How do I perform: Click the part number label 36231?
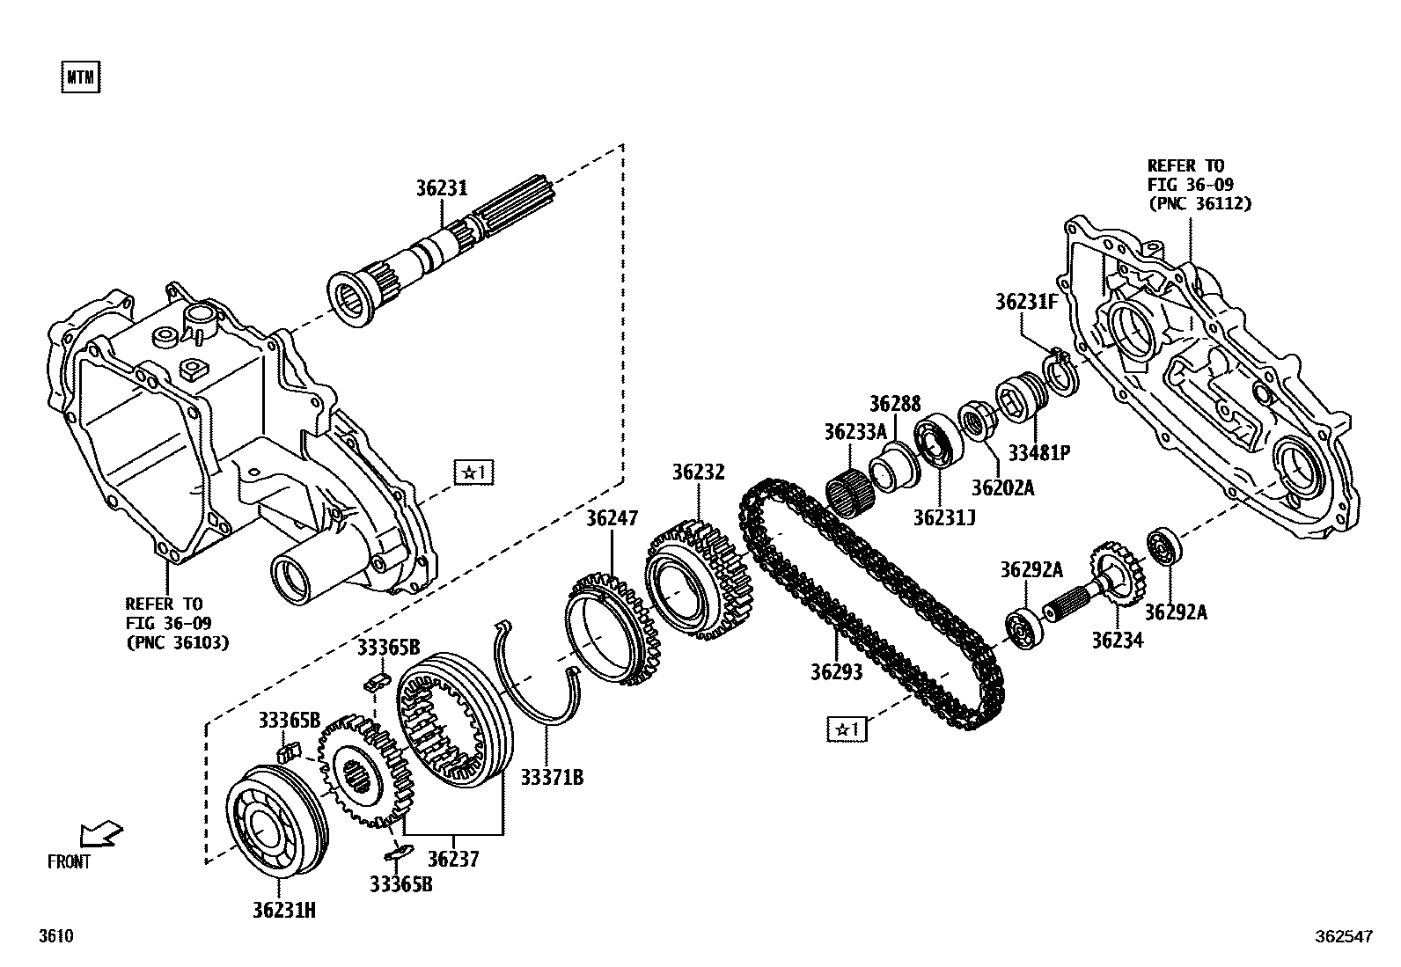tap(441, 188)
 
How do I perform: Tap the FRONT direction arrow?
tap(100, 834)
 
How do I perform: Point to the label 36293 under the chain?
tap(836, 671)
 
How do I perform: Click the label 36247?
tap(612, 518)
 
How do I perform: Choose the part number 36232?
tap(699, 473)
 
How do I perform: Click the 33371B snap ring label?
tap(551, 777)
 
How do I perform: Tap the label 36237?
tap(453, 859)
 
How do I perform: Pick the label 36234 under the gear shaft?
tap(1118, 641)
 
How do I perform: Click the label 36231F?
tap(1025, 302)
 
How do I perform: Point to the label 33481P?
tap(1038, 453)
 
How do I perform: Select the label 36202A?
tap(1002, 487)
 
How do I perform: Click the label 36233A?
tap(855, 432)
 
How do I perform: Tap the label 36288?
tap(895, 404)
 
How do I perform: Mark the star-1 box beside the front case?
tap(473, 473)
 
